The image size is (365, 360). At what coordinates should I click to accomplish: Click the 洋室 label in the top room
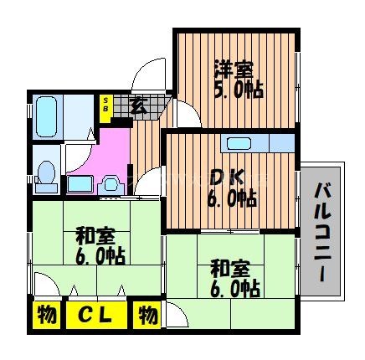pyautogui.click(x=232, y=68)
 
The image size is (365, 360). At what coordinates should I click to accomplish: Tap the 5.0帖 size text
pyautogui.click(x=237, y=88)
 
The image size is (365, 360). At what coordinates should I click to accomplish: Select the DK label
pyautogui.click(x=225, y=177)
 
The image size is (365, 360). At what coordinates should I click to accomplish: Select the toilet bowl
pyautogui.click(x=48, y=175)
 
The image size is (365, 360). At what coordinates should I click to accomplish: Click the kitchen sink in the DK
pyautogui.click(x=243, y=142)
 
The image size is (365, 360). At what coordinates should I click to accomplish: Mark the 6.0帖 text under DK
pyautogui.click(x=232, y=198)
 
